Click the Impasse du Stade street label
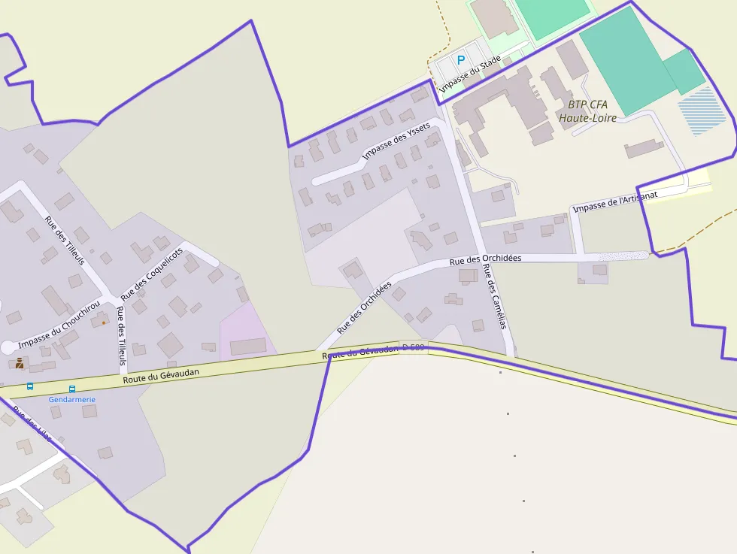click(x=470, y=78)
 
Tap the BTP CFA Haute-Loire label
click(x=587, y=111)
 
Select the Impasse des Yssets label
click(x=396, y=141)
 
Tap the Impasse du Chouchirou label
click(x=59, y=325)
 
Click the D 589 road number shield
click(x=413, y=347)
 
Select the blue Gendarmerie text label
click(x=72, y=399)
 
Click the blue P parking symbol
click(x=461, y=59)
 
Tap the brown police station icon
click(x=20, y=364)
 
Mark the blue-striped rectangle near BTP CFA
click(x=703, y=110)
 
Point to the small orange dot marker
click(x=104, y=322)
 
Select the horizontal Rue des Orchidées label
click(x=485, y=259)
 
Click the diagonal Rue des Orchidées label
click(x=365, y=307)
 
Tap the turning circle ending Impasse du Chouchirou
click(x=8, y=347)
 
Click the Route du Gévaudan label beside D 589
click(x=359, y=351)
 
